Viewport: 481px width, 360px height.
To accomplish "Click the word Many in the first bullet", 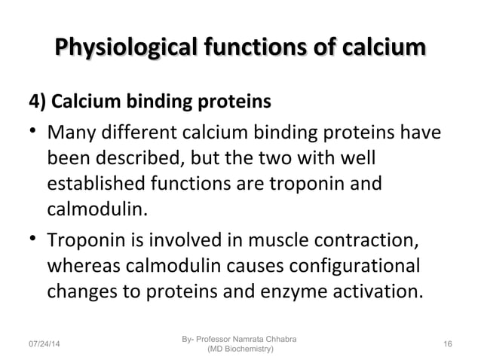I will tap(72, 136).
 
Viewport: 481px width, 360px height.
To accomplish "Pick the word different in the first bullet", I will tap(133, 136).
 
